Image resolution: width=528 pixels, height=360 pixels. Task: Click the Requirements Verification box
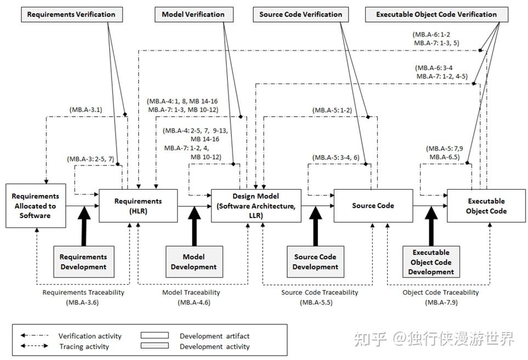pos(71,14)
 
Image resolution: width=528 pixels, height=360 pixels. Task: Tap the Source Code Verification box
pos(300,14)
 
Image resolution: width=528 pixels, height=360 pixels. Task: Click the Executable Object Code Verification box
pos(436,14)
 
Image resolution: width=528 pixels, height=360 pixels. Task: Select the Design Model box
pos(256,205)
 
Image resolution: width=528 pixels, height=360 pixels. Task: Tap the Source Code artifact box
pos(373,205)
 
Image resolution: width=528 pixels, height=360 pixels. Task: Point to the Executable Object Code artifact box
pos(486,205)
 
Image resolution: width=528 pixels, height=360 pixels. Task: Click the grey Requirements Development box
pos(83,261)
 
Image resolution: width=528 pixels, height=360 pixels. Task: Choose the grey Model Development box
pos(194,261)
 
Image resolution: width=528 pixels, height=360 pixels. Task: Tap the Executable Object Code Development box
pos(431,261)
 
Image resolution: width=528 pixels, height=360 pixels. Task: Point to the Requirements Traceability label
pos(83,293)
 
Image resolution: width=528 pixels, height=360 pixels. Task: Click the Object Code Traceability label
pos(440,293)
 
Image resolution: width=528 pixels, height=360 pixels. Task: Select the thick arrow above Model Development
pos(194,226)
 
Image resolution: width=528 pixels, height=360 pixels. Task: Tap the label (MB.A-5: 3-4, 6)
pos(336,158)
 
